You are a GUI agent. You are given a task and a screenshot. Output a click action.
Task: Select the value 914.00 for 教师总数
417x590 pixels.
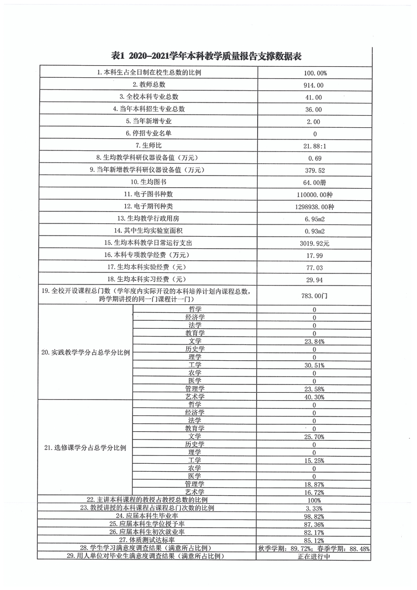(x=313, y=85)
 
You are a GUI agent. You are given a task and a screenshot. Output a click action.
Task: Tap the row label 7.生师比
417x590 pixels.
(x=149, y=145)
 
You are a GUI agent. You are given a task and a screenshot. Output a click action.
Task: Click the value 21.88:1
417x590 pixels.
(x=314, y=146)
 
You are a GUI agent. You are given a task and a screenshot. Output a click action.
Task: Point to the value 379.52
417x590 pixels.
(x=314, y=170)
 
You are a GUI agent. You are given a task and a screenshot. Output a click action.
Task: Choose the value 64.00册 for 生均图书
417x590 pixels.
(x=314, y=182)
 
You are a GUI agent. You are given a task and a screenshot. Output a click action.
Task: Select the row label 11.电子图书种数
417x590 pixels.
(x=149, y=195)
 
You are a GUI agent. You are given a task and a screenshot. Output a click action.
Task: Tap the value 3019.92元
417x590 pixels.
(x=314, y=243)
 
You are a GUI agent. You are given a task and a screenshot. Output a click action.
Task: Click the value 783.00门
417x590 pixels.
(x=314, y=296)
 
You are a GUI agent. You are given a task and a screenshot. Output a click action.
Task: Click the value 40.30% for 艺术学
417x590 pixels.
(x=314, y=396)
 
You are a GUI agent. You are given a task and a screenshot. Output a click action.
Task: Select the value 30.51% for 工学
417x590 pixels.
(x=314, y=365)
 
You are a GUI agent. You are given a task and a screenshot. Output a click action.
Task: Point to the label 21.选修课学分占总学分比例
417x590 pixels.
(x=86, y=449)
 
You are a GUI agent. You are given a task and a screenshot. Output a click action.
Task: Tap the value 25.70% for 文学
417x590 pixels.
(x=314, y=437)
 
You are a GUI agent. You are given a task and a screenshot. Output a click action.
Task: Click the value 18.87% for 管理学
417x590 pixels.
(x=314, y=484)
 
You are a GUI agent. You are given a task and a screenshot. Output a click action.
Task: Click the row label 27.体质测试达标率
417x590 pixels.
(x=148, y=540)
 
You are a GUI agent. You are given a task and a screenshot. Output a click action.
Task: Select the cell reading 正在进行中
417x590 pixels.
(x=314, y=556)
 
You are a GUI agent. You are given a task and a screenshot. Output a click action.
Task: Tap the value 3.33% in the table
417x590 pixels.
(x=314, y=508)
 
